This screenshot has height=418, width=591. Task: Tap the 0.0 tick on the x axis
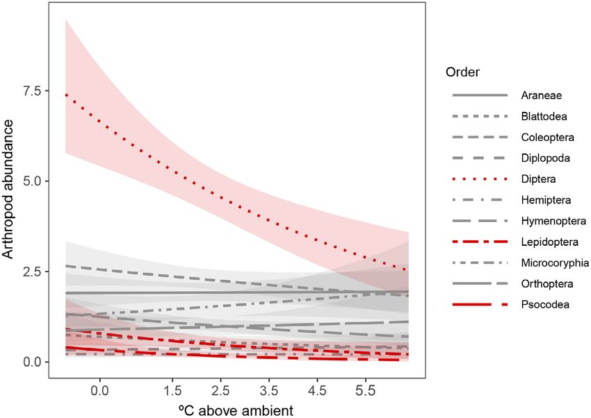pos(100,390)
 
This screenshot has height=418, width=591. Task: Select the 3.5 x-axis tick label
pos(268,390)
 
